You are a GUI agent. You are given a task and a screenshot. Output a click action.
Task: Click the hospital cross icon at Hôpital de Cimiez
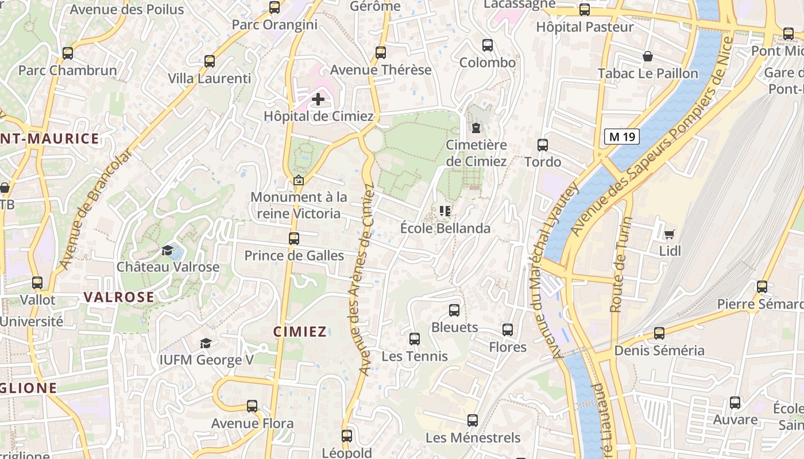(x=318, y=99)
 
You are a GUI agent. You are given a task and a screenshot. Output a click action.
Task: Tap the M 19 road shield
(x=622, y=137)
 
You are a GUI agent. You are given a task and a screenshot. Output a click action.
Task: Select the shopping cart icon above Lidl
(x=669, y=234)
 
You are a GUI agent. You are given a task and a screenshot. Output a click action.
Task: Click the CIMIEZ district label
(x=300, y=332)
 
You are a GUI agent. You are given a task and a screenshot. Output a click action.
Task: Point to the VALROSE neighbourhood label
(x=119, y=297)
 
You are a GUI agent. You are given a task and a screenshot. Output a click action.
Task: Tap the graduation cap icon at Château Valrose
(x=167, y=251)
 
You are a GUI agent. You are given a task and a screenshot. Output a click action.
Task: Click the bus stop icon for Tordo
(x=543, y=145)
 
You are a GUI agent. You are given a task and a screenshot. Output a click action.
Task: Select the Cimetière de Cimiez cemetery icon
(x=476, y=128)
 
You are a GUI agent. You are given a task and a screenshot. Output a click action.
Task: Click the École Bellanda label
(x=445, y=228)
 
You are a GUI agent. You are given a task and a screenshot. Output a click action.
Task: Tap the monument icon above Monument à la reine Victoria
(x=298, y=181)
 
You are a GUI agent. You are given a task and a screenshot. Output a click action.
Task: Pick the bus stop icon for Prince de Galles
(x=294, y=239)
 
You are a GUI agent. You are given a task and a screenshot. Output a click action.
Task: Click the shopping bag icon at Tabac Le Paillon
(x=648, y=56)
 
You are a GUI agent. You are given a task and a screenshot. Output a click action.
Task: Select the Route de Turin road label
(x=619, y=265)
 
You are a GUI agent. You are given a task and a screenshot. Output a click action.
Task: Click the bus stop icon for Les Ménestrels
(x=473, y=421)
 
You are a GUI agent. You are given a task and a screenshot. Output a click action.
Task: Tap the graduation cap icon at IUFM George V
(x=205, y=343)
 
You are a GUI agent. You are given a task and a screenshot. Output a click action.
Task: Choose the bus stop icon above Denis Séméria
(x=659, y=333)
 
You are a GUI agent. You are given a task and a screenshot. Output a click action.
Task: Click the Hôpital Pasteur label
(x=585, y=27)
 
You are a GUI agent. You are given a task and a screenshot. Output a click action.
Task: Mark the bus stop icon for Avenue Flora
(x=252, y=406)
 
